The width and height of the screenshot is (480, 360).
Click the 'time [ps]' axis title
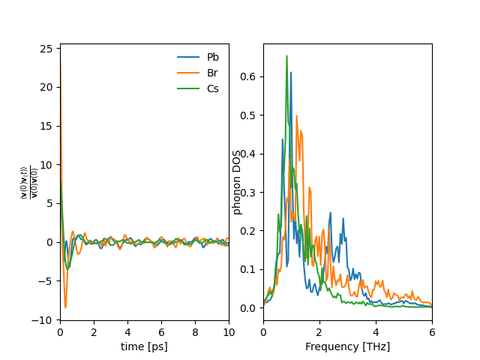coord(144,346)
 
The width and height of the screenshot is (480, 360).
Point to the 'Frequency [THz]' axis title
coord(347,346)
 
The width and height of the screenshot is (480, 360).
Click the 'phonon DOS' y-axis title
coord(238,182)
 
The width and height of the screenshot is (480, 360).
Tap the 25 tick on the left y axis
coord(46,49)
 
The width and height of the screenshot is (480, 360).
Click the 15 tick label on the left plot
coord(46,126)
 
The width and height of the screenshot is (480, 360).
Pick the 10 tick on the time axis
coord(229,332)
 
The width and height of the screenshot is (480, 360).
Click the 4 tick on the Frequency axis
coord(376,332)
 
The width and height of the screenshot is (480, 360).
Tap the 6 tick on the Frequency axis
coord(432,332)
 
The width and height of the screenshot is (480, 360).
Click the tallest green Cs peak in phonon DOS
coord(286,56)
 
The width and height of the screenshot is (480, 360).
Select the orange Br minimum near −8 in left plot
coord(65,307)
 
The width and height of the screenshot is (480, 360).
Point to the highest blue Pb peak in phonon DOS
coord(291,73)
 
